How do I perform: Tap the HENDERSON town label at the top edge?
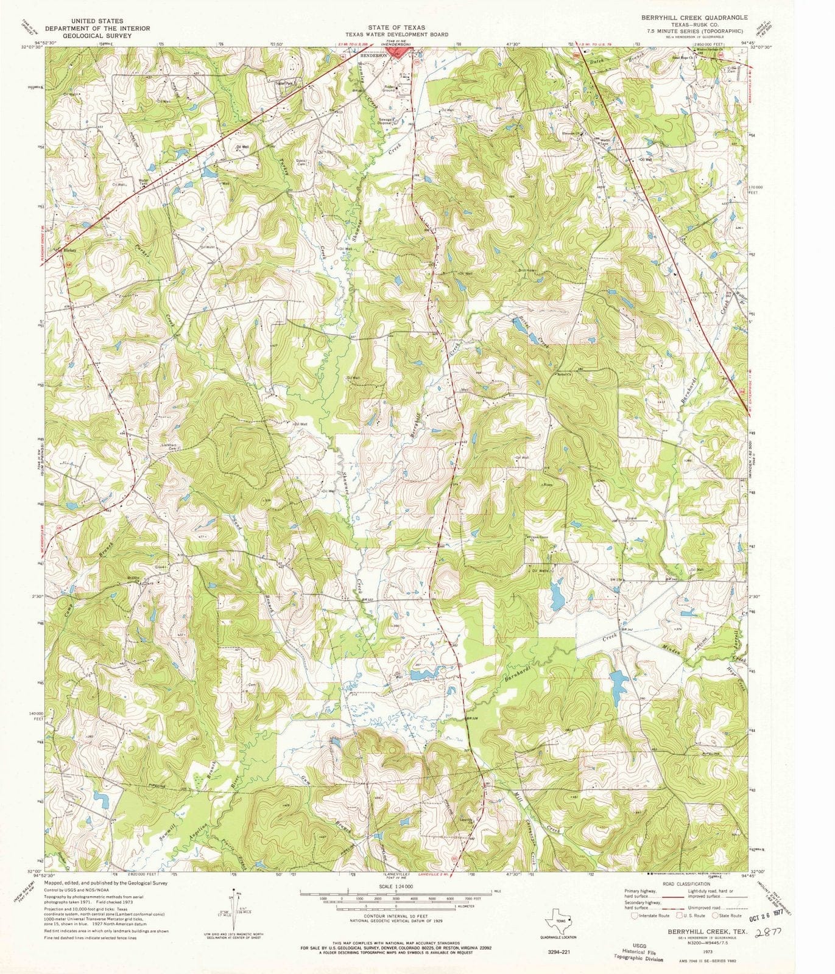[x=375, y=55]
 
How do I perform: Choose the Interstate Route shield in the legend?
[x=636, y=915]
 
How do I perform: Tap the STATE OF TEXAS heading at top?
[x=396, y=27]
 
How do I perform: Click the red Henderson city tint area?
[x=400, y=54]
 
